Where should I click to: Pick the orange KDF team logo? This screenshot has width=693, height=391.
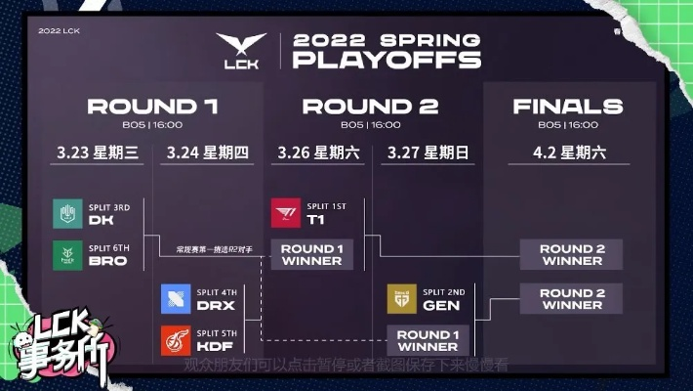[176, 339]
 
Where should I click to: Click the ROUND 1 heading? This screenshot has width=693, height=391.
[152, 107]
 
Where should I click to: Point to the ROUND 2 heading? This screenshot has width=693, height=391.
[370, 107]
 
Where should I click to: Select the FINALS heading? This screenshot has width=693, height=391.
[568, 107]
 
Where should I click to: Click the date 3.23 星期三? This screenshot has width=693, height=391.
[100, 153]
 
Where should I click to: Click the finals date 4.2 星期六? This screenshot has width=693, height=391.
[568, 153]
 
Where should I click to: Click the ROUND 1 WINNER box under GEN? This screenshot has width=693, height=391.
[428, 340]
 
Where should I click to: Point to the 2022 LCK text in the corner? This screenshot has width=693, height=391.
[58, 30]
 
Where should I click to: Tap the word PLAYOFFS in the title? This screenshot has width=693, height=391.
[387, 61]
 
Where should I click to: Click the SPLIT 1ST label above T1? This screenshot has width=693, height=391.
[327, 207]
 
